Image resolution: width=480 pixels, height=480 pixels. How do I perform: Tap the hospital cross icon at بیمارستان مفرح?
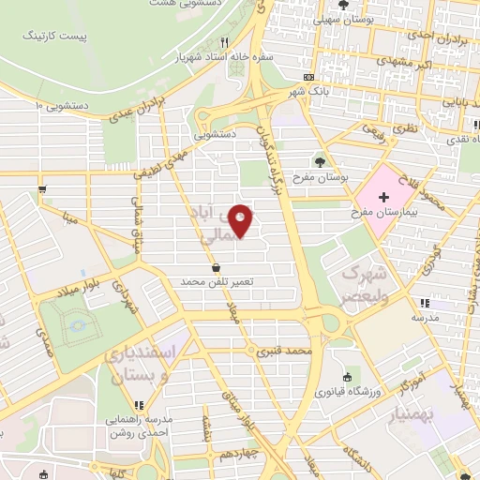(x=383, y=199)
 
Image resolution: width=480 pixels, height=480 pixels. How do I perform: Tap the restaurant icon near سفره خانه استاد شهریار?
(x=223, y=42)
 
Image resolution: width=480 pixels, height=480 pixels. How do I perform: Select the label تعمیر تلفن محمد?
(x=218, y=281)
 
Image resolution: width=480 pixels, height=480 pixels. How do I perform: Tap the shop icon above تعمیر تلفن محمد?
(x=217, y=267)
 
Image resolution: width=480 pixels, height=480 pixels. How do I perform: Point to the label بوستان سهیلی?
(x=343, y=18)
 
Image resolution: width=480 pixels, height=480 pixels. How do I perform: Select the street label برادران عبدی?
(x=145, y=104)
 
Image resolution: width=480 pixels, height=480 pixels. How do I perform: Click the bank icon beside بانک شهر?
(x=308, y=77)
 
